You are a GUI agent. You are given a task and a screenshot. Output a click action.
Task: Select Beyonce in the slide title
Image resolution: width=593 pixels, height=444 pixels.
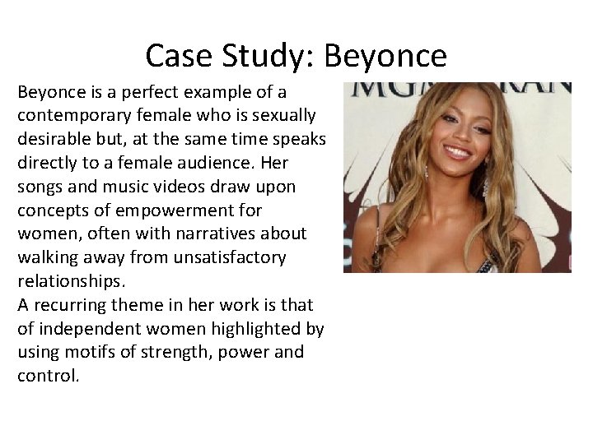pos(385,56)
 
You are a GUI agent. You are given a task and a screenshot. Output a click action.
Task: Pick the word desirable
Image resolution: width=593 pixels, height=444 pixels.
pos(58,139)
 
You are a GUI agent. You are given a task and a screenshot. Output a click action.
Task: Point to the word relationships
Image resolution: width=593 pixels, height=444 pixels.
pos(68,281)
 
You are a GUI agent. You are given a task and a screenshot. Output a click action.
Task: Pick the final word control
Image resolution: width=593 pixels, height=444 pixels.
pos(48,376)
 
